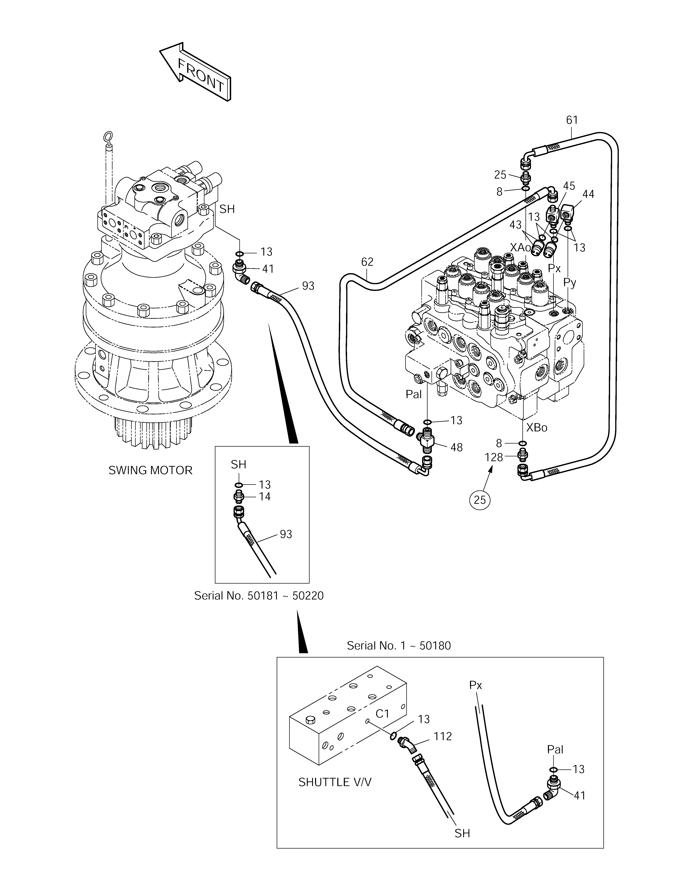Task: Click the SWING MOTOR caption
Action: [x=150, y=470]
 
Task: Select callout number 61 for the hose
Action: [x=572, y=120]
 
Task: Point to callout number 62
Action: [x=367, y=262]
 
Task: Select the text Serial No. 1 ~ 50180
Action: [x=399, y=646]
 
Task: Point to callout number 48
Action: [x=456, y=447]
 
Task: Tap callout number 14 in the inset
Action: [x=265, y=496]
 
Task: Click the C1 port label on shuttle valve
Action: [x=383, y=713]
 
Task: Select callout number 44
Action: [x=588, y=194]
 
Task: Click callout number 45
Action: [x=569, y=186]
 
